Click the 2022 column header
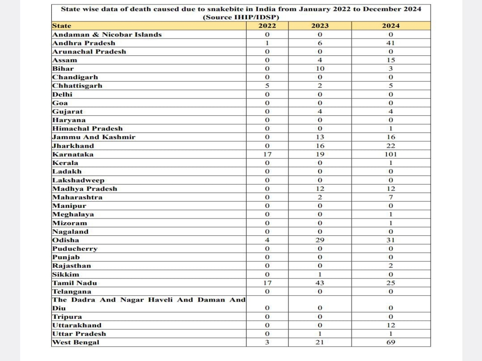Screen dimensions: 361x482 click(267, 26)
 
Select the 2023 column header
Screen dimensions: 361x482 click(320, 26)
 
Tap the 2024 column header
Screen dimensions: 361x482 click(390, 26)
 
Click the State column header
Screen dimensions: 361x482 click(62, 26)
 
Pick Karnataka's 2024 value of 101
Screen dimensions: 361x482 click(390, 154)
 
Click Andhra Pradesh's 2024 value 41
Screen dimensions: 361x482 click(390, 43)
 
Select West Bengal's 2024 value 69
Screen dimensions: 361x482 click(390, 343)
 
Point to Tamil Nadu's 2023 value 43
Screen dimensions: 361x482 click(320, 283)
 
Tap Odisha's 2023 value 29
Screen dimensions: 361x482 click(320, 240)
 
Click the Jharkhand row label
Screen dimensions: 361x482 click(73, 146)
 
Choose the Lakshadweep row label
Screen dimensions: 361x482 click(78, 180)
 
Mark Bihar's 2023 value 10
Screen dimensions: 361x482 click(320, 69)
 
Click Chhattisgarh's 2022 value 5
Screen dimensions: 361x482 click(267, 86)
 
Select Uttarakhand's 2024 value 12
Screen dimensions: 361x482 click(390, 325)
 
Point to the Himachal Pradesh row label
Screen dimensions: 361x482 click(88, 129)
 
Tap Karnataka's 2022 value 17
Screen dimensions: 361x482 click(267, 154)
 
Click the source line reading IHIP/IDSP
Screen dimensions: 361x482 click(241, 17)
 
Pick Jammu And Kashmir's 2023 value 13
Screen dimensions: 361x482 click(320, 137)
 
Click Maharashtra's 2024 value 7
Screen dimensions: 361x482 click(390, 197)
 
